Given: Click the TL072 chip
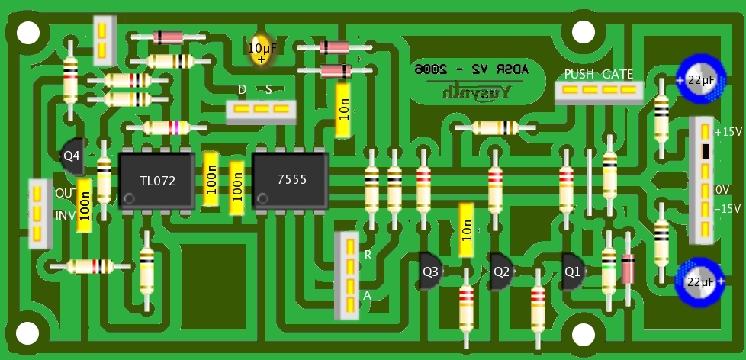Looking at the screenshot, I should coord(157,181).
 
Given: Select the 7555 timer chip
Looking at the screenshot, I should coord(291,180).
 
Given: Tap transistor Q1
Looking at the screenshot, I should coord(572,269).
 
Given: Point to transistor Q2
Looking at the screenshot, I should coord(501,270).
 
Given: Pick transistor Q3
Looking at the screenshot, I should coord(430,270).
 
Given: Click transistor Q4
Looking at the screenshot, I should coord(72,156).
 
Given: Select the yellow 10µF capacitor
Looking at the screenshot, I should coord(262,48).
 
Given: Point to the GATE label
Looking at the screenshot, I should coord(617,74).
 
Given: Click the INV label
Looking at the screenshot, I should coord(65,215).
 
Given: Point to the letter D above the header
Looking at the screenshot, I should coord(242,90).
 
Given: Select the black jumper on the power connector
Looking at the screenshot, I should coord(706,151).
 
